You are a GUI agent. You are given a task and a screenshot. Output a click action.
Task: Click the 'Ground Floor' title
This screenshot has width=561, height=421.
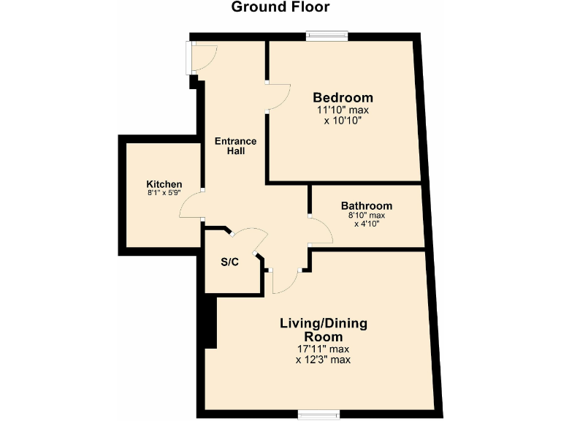point(280,8)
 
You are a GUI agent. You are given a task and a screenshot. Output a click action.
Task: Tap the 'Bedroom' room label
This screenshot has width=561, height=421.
point(343,97)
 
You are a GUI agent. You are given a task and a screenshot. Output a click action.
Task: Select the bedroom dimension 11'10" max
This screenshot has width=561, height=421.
point(343,110)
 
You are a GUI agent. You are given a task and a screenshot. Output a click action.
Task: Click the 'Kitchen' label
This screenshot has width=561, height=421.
point(164,183)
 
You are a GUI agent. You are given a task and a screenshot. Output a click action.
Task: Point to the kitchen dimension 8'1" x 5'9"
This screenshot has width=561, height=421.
point(164,194)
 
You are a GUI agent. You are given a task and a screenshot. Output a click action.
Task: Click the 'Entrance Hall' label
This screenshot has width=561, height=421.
point(234,146)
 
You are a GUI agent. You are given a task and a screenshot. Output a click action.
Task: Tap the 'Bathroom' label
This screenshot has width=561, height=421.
point(366,206)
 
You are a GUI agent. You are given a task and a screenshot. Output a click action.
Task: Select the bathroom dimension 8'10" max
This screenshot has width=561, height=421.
point(366,216)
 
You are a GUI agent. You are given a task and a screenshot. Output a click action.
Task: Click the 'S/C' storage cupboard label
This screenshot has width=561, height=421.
point(229,262)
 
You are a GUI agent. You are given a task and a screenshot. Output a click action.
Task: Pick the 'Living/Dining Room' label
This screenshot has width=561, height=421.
point(324,330)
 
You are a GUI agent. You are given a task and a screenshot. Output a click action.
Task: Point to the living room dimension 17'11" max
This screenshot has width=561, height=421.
point(324,349)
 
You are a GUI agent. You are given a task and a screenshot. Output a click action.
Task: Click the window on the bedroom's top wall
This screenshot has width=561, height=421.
point(327,35)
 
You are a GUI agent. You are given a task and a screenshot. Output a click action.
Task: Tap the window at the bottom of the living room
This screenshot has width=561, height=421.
point(318,414)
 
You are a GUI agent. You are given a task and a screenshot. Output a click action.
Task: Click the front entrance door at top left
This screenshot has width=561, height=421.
point(202,57)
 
